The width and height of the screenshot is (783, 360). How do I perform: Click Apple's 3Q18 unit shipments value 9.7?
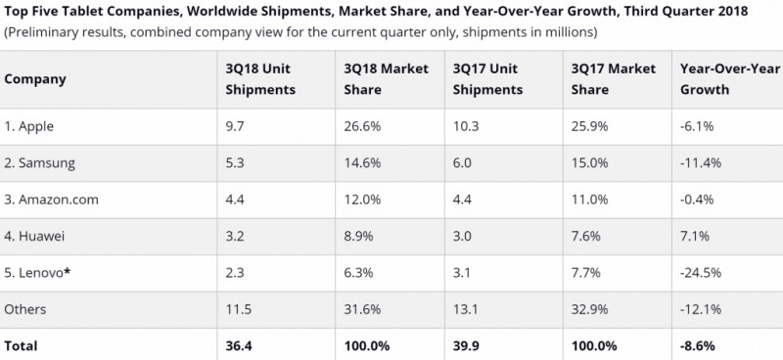(235, 128)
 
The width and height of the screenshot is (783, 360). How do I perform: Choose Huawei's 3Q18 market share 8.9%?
(359, 236)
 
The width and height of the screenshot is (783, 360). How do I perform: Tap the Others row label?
(25, 309)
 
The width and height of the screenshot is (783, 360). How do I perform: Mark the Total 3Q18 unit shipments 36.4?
(240, 344)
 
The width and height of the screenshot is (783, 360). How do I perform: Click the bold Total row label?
(22, 344)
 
